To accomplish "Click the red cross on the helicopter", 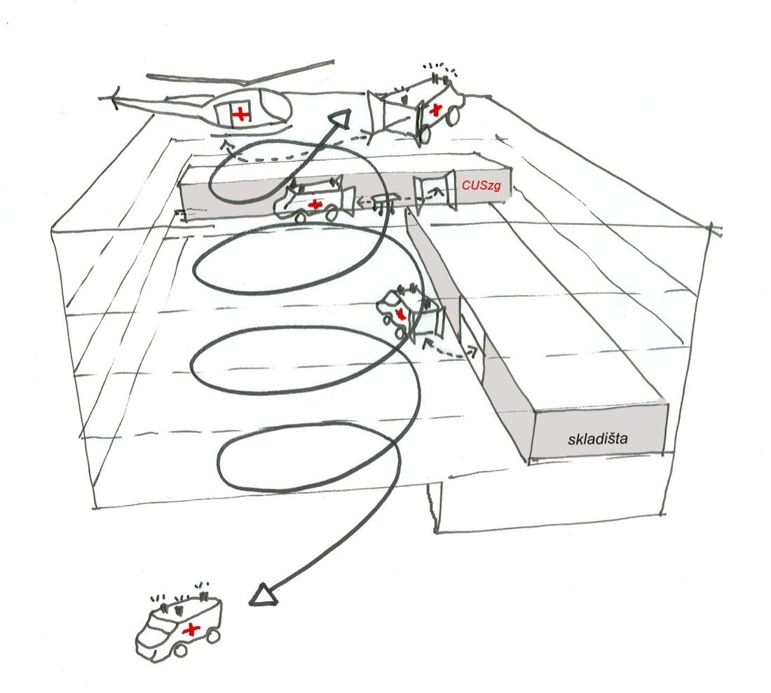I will coord(240,112).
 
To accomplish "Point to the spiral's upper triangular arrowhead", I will coord(341,121).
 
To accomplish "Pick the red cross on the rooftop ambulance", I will coord(437,108).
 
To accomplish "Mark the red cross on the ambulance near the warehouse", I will coord(400,313).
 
